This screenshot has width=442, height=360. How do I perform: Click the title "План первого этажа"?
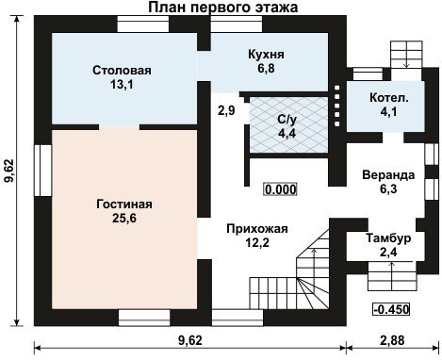[x=223, y=8]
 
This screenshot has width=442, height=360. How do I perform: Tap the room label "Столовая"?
[x=122, y=71]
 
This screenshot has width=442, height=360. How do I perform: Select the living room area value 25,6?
[x=124, y=218]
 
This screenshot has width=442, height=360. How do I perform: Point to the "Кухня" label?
[x=266, y=54]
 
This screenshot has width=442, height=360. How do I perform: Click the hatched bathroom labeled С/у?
[x=288, y=125]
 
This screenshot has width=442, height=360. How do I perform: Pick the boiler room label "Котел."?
[x=389, y=97]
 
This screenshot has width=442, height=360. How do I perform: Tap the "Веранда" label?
[x=388, y=175]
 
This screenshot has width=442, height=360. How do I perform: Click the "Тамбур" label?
[x=388, y=237]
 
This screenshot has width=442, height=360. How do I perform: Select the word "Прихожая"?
[x=257, y=229]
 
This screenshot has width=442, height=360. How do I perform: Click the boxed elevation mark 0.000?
[x=281, y=189]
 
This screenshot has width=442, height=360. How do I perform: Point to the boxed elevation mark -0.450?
[x=391, y=309]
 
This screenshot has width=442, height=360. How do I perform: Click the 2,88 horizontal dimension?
[x=392, y=340]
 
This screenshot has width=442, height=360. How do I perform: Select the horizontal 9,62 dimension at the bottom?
[x=190, y=340]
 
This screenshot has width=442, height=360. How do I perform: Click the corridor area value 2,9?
[x=226, y=110]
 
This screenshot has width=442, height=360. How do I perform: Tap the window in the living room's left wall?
[x=42, y=171]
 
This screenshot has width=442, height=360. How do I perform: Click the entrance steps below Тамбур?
[x=392, y=276]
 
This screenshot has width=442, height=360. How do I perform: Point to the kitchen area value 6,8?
[x=267, y=68]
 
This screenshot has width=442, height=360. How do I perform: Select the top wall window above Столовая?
[x=143, y=24]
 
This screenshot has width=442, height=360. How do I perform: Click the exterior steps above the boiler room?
[x=406, y=54]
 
